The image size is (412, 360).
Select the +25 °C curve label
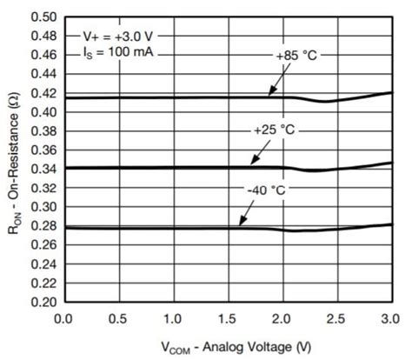275,129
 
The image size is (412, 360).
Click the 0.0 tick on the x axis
63,318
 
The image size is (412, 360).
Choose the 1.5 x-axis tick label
228,318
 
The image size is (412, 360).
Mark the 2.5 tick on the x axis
337,318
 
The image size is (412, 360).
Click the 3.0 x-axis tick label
391,318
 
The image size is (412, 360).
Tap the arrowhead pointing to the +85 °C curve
269,93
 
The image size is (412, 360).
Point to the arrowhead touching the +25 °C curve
252,163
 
